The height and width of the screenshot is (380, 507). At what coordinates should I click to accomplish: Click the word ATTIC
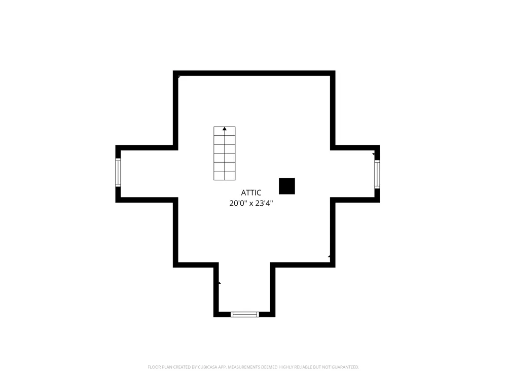[x=251, y=193]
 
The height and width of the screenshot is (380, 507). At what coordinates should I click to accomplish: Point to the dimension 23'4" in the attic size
[x=265, y=203]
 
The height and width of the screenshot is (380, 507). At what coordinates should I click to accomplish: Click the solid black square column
[x=287, y=186]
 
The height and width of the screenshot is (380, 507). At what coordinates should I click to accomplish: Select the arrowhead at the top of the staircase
[x=225, y=129]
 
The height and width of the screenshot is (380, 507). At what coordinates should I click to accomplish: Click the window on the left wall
[x=118, y=173]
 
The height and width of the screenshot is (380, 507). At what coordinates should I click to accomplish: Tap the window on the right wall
[x=377, y=174]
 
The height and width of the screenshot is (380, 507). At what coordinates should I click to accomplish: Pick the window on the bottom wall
[x=245, y=315]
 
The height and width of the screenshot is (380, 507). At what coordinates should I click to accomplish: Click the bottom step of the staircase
[x=225, y=176]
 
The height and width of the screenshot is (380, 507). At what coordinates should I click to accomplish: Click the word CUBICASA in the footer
[x=207, y=367]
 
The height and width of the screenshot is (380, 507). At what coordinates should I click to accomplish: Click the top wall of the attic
[x=254, y=73]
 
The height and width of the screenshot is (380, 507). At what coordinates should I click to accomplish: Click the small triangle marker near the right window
[x=374, y=154]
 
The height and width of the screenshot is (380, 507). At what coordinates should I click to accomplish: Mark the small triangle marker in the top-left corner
[x=179, y=77]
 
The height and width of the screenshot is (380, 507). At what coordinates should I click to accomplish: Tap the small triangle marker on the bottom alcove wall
[x=220, y=283]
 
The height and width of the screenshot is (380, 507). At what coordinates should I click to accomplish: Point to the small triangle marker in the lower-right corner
[x=329, y=256]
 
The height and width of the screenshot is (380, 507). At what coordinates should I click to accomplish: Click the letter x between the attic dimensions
[x=251, y=204]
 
